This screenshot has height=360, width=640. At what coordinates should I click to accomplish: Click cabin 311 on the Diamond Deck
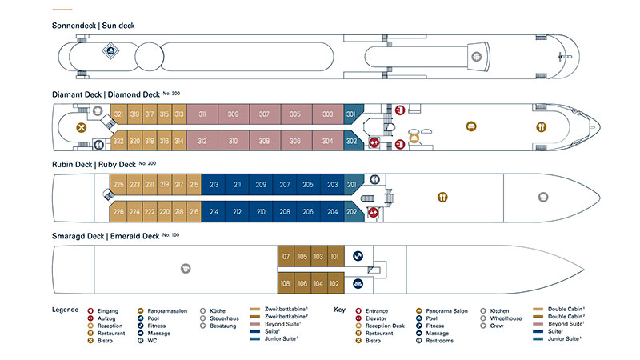click(202, 114)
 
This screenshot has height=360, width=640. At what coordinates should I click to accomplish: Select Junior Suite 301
click(351, 114)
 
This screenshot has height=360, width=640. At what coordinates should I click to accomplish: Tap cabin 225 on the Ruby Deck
click(118, 185)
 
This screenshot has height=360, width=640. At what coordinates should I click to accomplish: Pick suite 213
click(214, 185)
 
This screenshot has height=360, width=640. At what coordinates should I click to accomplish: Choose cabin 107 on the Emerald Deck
click(285, 257)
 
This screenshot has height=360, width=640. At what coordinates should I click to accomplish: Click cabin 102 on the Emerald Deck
click(334, 283)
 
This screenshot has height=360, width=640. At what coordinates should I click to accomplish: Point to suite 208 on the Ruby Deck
click(285, 212)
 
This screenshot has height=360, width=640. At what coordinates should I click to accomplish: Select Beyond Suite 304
click(328, 142)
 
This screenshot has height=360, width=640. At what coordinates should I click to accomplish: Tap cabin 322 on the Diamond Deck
click(118, 142)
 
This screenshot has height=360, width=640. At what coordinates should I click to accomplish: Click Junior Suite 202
click(351, 212)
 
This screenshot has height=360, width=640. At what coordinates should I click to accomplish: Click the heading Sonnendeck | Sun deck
click(93, 26)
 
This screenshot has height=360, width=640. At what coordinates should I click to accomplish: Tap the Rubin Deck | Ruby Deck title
click(93, 165)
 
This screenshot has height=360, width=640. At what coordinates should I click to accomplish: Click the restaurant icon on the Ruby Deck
click(442, 198)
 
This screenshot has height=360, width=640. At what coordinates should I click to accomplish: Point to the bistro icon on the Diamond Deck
click(80, 127)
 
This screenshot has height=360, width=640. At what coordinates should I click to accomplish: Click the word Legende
click(65, 309)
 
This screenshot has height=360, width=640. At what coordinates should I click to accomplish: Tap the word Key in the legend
click(339, 309)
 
